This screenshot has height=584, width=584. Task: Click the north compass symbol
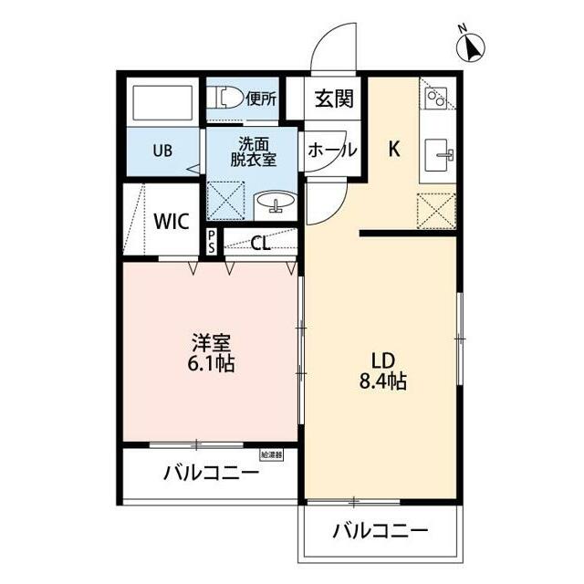tap(471, 47)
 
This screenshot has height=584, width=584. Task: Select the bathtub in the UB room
tap(162, 103)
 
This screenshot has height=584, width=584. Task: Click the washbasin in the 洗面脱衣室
tap(276, 203)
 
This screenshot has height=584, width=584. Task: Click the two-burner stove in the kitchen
tap(437, 98)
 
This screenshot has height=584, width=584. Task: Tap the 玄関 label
tap(334, 99)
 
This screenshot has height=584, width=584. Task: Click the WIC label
tap(172, 222)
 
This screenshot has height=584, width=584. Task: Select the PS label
tap(212, 241)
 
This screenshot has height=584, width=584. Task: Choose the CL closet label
tap(260, 244)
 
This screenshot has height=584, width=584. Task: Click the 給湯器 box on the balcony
tap(271, 454)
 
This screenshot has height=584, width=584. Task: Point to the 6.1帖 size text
tap(211, 363)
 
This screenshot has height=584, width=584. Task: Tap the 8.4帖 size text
tap(382, 381)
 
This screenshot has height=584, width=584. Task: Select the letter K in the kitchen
tap(394, 149)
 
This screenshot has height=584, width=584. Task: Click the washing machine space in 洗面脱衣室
tap(225, 201)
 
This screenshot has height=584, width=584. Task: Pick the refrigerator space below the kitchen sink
tap(436, 211)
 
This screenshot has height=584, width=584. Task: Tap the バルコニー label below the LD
tap(381, 530)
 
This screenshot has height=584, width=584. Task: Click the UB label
tap(162, 151)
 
